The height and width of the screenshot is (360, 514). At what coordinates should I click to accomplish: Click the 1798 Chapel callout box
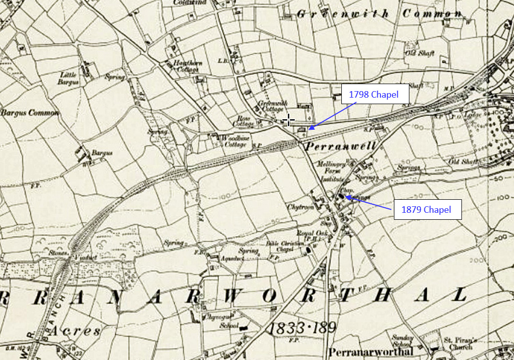tap(375, 94)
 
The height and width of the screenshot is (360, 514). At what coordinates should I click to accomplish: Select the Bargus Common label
tap(30, 113)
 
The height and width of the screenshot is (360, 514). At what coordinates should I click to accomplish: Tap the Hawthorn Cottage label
tap(186, 66)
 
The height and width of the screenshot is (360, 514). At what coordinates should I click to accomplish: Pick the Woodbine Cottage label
tap(236, 142)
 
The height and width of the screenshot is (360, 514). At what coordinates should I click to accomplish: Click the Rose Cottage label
tap(245, 121)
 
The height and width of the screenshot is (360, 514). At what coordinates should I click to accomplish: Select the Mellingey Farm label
tap(330, 167)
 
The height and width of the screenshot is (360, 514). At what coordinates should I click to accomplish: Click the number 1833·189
tap(301, 328)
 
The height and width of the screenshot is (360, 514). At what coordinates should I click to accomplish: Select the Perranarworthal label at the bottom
tap(371, 351)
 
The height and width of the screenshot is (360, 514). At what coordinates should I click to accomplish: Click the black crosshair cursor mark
tap(288, 120)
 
